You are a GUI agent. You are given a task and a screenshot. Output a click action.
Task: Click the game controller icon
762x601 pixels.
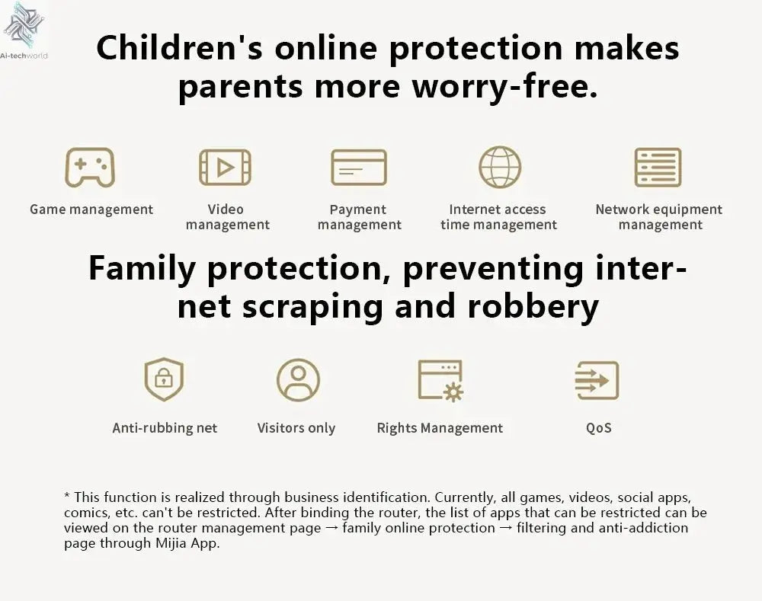(x=90, y=167)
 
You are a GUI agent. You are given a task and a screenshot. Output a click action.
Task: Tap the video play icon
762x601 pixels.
(x=225, y=168)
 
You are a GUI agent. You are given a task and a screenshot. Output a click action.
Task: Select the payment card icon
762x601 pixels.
(x=359, y=167)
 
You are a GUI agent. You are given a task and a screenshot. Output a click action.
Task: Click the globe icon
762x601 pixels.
(x=500, y=167)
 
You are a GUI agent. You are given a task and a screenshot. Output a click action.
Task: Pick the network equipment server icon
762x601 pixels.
(x=658, y=167)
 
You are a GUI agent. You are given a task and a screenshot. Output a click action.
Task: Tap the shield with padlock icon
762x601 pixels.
(x=165, y=379)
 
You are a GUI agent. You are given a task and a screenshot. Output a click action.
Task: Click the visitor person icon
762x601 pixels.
(x=299, y=379)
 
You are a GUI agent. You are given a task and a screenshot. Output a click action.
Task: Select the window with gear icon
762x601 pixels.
(x=440, y=381)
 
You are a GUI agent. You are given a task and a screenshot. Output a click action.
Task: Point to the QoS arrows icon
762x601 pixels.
(x=597, y=380)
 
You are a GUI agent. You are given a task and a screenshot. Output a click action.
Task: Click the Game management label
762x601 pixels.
(x=91, y=209)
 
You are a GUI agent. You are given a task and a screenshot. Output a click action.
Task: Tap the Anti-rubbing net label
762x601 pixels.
(x=165, y=428)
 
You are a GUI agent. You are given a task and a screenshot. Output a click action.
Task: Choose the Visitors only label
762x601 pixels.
(x=296, y=428)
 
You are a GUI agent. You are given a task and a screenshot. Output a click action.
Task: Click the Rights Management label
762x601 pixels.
(x=440, y=428)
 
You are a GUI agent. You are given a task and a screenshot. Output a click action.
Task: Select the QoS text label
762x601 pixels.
(x=599, y=428)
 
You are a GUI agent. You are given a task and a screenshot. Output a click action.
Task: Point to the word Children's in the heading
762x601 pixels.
(x=179, y=48)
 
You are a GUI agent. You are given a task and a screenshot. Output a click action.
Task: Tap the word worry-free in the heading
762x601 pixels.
(x=505, y=86)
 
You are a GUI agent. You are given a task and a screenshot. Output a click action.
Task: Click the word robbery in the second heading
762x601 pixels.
(x=533, y=306)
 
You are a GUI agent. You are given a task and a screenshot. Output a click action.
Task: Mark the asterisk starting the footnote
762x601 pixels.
(x=67, y=496)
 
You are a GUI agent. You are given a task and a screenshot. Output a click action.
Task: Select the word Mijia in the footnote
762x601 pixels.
(x=171, y=542)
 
